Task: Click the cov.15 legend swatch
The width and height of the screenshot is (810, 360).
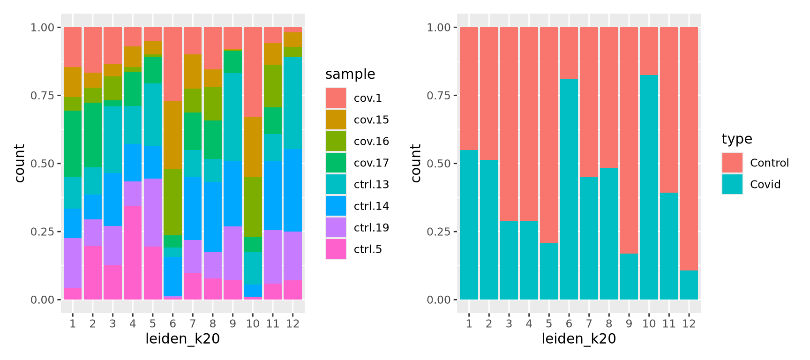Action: pos(336,120)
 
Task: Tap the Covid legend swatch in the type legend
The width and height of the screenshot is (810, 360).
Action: pos(732,184)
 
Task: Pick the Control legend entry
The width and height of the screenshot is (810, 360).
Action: pos(769,163)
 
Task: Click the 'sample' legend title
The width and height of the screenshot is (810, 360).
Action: pos(350,74)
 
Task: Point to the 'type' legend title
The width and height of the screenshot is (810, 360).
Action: pos(736,139)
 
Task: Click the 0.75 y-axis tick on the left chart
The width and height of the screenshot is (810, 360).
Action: pos(42,96)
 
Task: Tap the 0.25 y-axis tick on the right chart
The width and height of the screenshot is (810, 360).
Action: pos(438,232)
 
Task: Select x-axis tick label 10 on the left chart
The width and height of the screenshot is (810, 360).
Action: pos(253,323)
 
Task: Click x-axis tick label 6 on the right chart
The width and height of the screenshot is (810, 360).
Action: pos(569,323)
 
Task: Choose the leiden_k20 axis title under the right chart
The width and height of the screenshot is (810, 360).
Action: pos(578,339)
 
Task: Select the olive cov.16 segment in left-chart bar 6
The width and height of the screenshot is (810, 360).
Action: pos(172,202)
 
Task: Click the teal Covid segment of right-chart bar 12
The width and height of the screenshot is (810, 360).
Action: pos(689,285)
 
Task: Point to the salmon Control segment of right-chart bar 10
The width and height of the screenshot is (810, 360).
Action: pos(649,51)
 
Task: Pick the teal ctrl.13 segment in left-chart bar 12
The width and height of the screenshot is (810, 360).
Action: pos(293,103)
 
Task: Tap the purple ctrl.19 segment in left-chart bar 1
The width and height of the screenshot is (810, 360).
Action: pos(73,263)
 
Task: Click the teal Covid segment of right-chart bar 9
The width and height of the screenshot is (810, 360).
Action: pos(629,277)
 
